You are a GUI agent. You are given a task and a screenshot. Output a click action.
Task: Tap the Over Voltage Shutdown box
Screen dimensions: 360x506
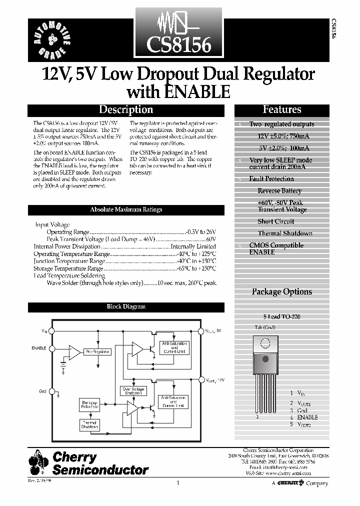click(132, 390)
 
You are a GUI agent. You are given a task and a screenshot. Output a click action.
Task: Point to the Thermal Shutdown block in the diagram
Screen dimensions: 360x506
click(89, 425)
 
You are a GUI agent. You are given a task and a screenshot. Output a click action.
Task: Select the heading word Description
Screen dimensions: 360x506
click(125, 109)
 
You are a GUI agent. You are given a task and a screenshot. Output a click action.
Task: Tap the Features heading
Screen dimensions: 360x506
click(282, 109)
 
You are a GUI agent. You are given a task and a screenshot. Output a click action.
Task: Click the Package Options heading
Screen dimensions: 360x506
click(281, 291)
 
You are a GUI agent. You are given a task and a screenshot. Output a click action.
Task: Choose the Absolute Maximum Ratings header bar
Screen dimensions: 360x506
click(126, 210)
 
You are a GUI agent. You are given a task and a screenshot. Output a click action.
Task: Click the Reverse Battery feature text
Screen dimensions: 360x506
click(279, 191)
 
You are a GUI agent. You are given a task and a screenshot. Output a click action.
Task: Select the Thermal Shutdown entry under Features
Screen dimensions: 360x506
click(285, 233)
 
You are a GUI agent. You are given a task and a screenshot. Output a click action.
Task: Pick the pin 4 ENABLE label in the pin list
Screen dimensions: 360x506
click(307, 417)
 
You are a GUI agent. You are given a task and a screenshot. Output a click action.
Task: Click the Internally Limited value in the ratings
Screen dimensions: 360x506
click(193, 246)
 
